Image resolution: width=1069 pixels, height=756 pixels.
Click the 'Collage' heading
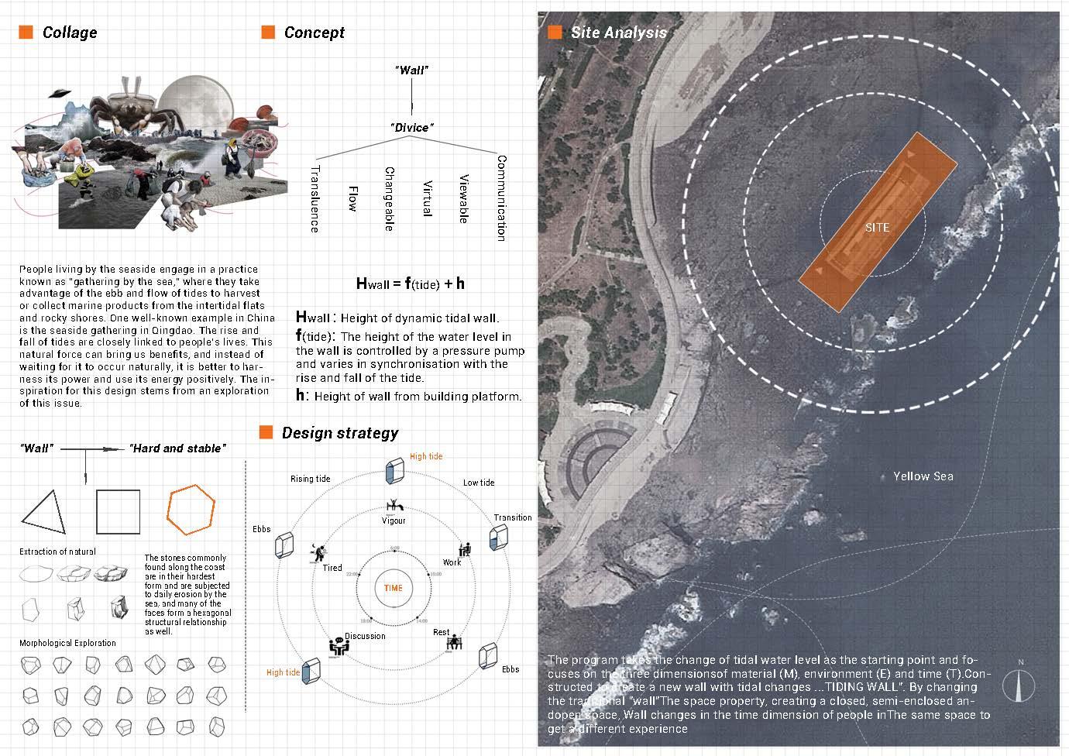(70, 33)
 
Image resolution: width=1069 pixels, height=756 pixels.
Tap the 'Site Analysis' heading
(618, 33)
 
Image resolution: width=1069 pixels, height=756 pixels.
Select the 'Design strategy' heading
(339, 433)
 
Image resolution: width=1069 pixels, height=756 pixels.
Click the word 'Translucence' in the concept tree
(314, 198)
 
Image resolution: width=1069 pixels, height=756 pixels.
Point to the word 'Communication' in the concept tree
(501, 198)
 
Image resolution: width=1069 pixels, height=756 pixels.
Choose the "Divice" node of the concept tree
(411, 127)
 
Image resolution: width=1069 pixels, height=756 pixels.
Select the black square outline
(118, 511)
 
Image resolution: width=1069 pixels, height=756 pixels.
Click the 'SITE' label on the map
(877, 228)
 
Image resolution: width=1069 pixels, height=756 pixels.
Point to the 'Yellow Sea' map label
(923, 476)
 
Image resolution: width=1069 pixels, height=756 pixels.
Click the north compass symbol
(1019, 683)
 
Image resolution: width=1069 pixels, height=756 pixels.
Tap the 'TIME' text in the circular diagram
(394, 588)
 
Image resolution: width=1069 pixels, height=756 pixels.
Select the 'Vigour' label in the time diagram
(394, 521)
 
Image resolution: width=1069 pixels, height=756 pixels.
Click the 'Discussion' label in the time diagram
(365, 637)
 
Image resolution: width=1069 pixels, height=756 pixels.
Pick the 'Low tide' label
(479, 483)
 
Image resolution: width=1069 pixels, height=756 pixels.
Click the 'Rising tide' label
(311, 479)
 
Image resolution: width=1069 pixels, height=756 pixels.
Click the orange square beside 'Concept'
(268, 32)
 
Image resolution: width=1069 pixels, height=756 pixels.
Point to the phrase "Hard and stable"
(177, 448)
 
